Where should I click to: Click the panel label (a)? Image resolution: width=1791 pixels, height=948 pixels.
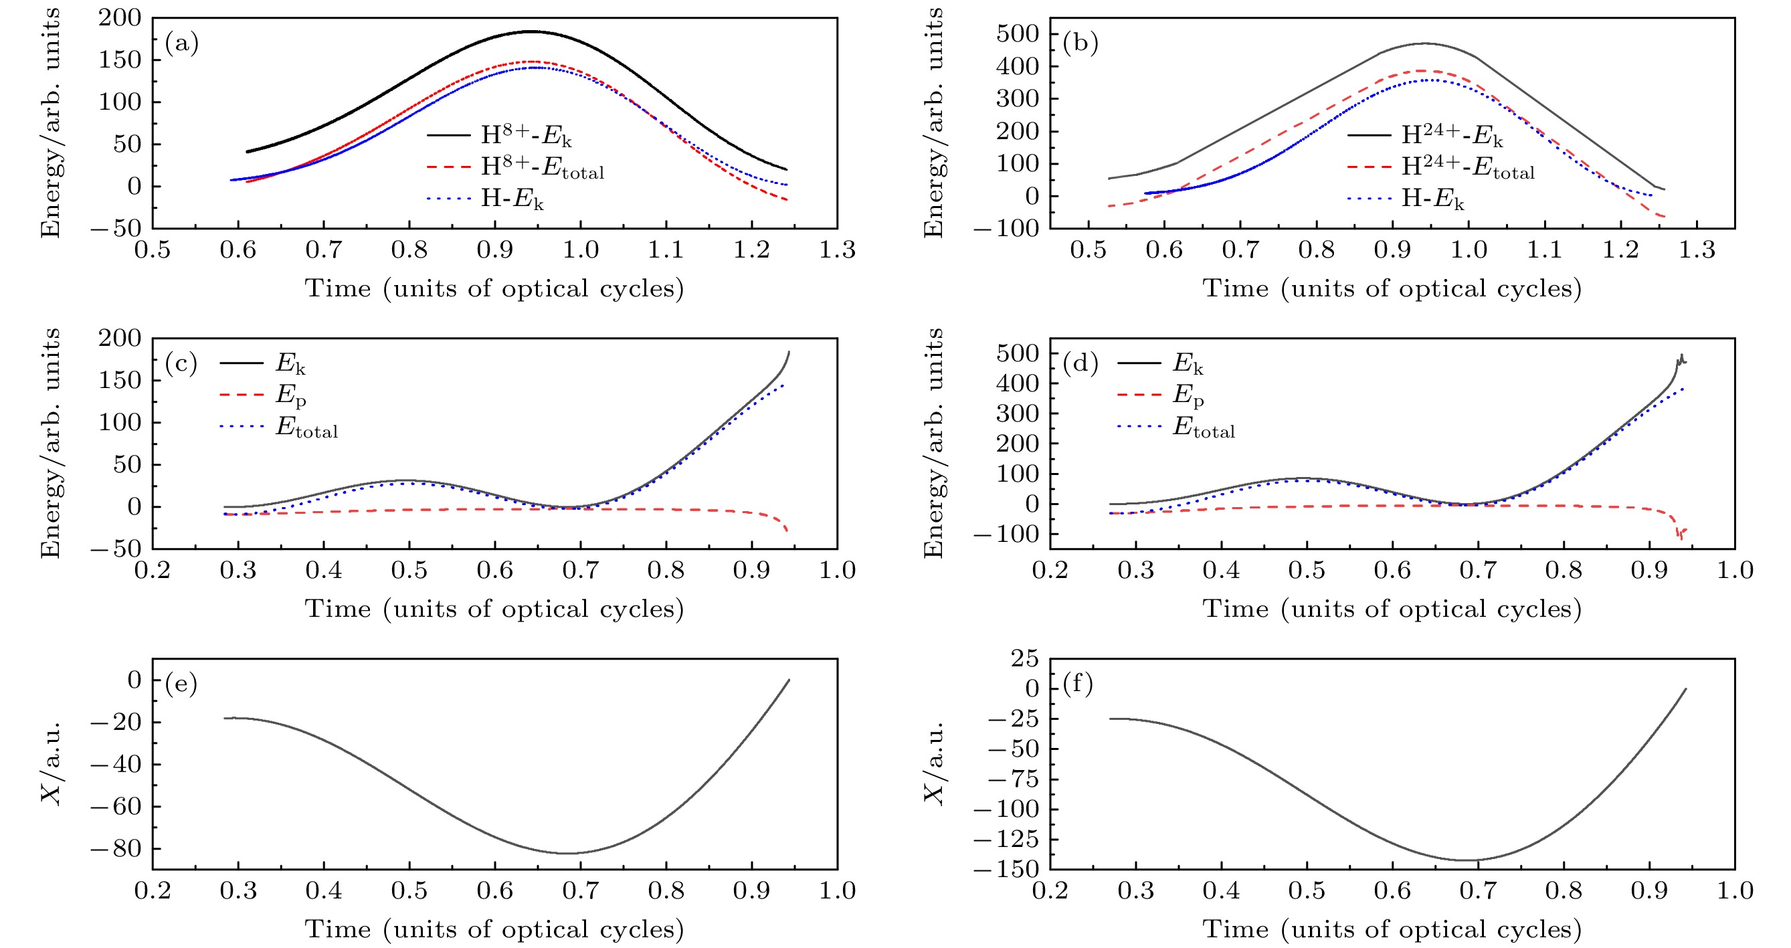(181, 43)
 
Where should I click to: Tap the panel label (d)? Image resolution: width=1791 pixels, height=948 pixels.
(1080, 364)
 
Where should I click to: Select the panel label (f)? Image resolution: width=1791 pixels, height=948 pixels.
(1078, 684)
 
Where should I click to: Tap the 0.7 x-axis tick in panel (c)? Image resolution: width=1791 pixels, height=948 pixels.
(581, 571)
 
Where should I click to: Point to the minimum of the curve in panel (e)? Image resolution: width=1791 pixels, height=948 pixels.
(569, 853)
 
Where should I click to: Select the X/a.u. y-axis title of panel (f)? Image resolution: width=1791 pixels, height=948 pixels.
(935, 763)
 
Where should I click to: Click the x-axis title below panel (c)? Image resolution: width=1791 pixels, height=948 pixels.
(494, 609)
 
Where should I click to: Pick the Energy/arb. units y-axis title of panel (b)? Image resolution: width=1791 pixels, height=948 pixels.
(935, 123)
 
